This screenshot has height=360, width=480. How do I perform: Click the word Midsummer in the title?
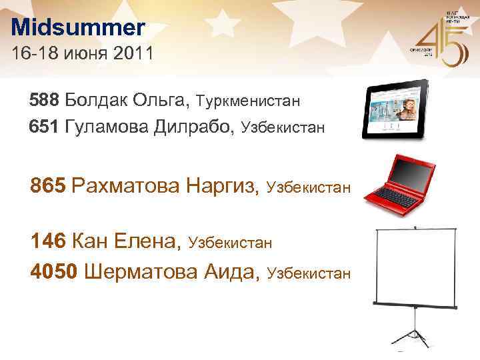77,28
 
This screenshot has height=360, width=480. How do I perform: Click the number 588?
45,101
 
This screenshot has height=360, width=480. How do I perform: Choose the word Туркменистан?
247,101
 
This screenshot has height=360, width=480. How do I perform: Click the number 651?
45,125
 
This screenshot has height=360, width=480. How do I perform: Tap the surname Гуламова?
110,125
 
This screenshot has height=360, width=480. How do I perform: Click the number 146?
48,241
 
